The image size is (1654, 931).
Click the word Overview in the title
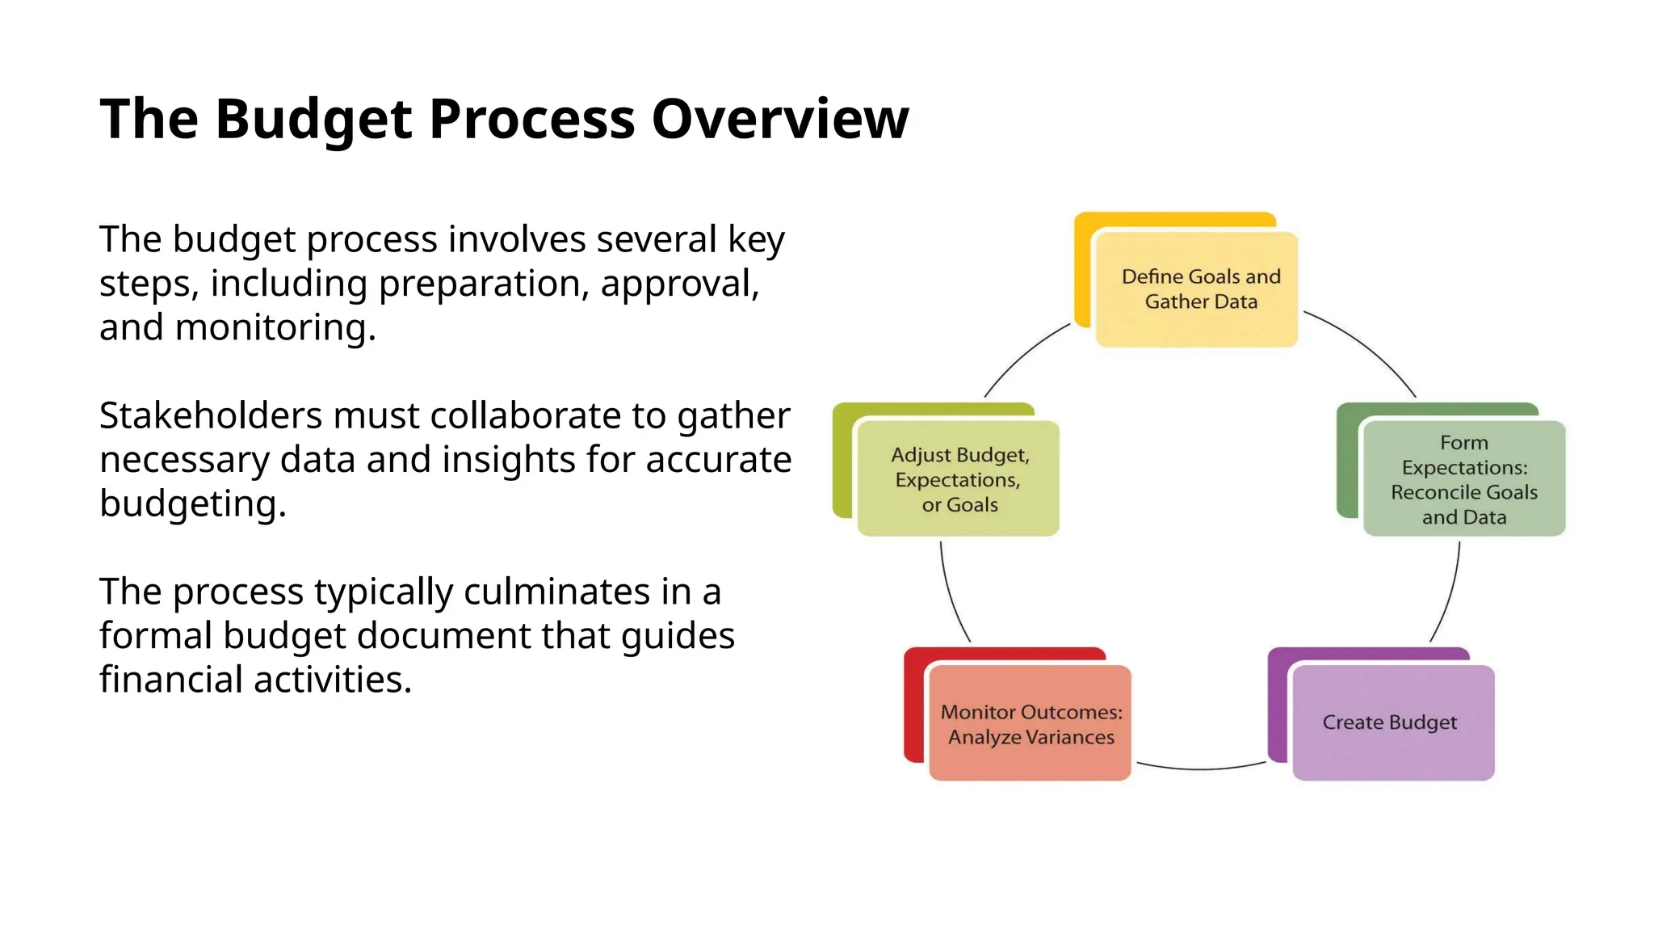(779, 120)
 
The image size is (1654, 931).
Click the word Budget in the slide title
(313, 120)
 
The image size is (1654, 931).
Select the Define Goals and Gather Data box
(1196, 289)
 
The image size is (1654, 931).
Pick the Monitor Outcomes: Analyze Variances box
(1030, 723)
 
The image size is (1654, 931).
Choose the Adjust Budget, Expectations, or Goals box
(958, 478)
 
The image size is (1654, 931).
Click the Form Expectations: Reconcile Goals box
(1463, 478)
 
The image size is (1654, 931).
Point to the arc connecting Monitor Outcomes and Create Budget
(1200, 769)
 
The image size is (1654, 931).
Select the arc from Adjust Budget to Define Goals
(1022, 355)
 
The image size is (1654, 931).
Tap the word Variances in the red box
(1071, 737)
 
